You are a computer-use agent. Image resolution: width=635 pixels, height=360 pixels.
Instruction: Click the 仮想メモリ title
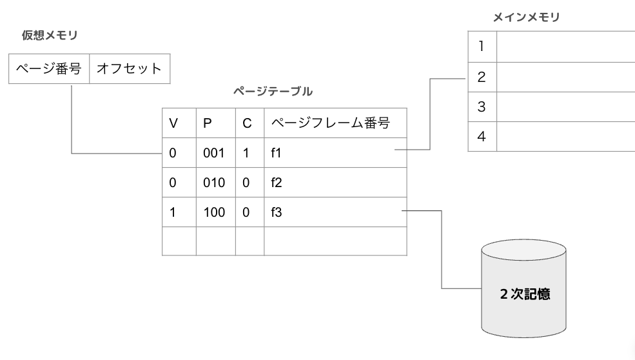[50, 35]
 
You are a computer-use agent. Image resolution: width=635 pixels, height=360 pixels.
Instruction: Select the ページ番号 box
[49, 68]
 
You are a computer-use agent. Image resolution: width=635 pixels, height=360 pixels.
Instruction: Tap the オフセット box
[130, 68]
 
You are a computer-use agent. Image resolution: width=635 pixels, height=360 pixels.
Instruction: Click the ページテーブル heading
[273, 91]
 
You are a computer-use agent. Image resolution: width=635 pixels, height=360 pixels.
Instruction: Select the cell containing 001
[216, 153]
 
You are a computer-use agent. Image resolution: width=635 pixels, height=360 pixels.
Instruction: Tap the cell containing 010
[216, 183]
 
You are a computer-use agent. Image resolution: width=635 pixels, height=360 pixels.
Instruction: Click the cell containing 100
[216, 212]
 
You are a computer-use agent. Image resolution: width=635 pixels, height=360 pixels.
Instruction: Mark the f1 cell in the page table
[335, 153]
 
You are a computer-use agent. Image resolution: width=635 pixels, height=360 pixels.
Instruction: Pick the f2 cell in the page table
[335, 183]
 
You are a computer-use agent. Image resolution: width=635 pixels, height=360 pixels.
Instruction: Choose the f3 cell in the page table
[335, 212]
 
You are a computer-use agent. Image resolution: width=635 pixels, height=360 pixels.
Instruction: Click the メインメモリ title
[527, 17]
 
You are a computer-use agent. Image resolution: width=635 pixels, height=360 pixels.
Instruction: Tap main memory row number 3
[482, 106]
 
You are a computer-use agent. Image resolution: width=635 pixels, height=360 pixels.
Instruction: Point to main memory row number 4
[482, 136]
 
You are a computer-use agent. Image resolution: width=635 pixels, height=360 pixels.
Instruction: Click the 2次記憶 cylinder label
[525, 294]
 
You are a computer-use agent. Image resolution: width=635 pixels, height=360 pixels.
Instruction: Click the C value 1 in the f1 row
[246, 153]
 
